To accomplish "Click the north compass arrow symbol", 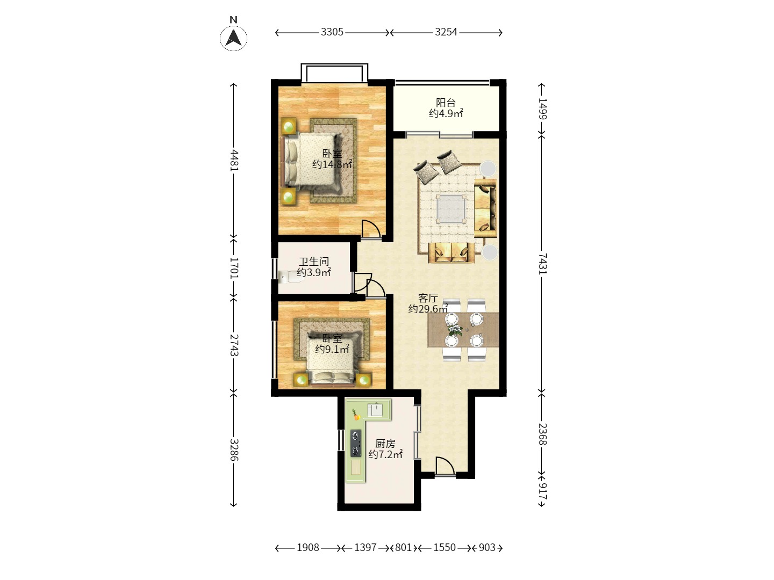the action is pos(233,38).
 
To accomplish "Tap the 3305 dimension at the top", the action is pos(332,32).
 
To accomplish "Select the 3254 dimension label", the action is pos(446,32).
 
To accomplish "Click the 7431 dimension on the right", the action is pos(543,263).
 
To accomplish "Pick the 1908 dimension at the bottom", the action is pos(308,547).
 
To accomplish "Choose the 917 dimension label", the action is pos(543,491).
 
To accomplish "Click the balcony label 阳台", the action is pos(446,103).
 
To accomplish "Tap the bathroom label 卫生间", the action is pos(314,262).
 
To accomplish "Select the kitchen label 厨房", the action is pos(385,444).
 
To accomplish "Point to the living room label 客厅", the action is pos(428,298).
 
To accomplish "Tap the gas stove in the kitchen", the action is pos(356,443).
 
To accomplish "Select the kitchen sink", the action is pos(375,409).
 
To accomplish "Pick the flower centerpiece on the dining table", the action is pos(455,330).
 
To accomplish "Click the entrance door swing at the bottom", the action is pos(445,466).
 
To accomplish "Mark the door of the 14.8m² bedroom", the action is pos(371,229).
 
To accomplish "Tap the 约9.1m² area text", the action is pos(332,349).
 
